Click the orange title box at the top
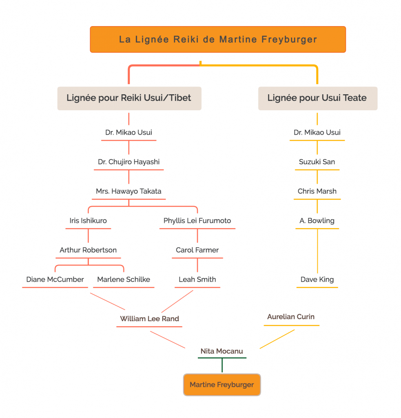218,40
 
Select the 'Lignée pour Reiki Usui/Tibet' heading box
129,98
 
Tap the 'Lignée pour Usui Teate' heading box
317,98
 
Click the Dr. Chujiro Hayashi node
129,162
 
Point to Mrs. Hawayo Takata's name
129,191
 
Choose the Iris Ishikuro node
88,221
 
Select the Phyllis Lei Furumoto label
197,221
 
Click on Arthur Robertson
88,250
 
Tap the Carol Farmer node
197,250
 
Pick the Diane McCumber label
55,280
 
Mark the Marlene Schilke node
124,280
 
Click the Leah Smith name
197,280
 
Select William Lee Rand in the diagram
149,319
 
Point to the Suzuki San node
317,162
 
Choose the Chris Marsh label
317,191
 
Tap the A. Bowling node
317,221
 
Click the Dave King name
317,280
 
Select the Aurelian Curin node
291,317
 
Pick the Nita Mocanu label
222,351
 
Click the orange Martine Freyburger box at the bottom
222,385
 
